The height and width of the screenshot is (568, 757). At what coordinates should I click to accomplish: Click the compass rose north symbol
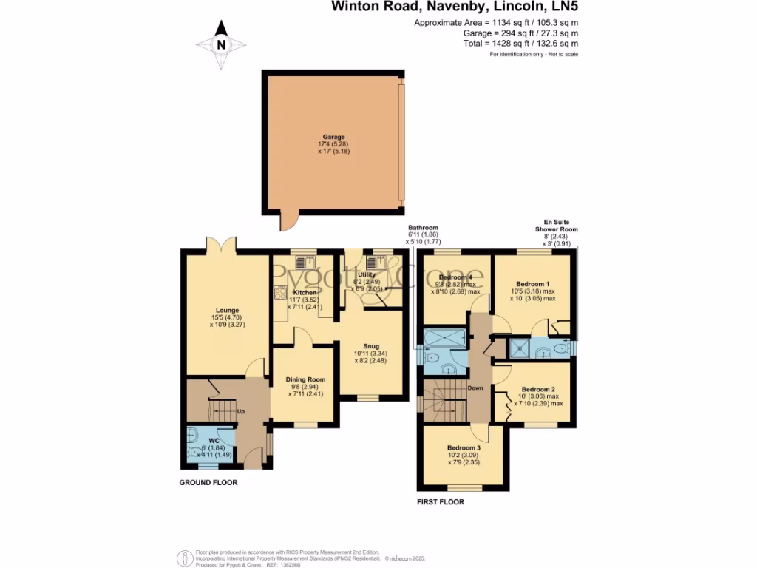click(x=220, y=44)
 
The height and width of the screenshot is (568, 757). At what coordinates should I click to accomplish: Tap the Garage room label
click(x=332, y=137)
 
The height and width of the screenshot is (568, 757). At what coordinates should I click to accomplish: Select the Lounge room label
click(x=227, y=311)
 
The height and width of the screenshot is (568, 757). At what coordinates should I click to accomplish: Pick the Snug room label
click(x=370, y=345)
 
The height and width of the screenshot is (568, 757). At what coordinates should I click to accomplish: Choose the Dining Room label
click(x=305, y=379)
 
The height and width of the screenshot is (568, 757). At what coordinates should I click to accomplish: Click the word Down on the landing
click(x=475, y=388)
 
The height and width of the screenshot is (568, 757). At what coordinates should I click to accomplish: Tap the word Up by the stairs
click(x=241, y=411)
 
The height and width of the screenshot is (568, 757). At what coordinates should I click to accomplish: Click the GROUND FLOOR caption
click(x=209, y=482)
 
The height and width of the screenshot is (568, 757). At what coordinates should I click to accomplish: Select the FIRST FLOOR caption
click(x=441, y=502)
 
